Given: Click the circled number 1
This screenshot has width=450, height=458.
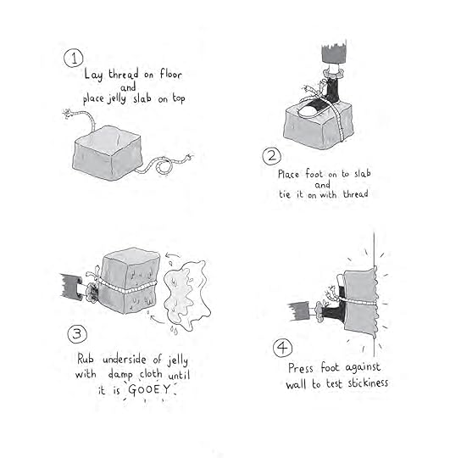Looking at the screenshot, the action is tap(74, 58).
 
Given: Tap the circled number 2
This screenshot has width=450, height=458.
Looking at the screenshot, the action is tap(271, 156).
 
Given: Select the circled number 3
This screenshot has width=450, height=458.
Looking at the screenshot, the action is tap(77, 334).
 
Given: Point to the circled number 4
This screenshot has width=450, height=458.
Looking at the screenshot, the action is tap(282, 348).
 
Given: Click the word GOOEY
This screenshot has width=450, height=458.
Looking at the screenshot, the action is tap(149, 389).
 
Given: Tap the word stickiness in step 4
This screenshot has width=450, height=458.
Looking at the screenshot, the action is tap(368, 383).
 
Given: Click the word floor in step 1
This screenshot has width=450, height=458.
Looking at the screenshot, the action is tap(170, 74).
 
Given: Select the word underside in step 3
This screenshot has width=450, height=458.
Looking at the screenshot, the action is tap(125, 360).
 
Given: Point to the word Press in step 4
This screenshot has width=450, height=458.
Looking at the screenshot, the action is tap(301, 368).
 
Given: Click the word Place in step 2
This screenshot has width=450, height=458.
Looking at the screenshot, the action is tap(288, 175).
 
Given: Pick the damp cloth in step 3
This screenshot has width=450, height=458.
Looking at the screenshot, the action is tap(186, 295).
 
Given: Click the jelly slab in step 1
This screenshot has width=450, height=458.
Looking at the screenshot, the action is tap(108, 153).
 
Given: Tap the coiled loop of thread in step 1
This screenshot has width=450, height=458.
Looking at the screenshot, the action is tap(163, 166).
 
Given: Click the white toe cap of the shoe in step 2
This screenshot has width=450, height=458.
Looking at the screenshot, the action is tap(308, 110).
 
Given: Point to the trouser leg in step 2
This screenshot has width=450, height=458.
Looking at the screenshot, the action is tap(334, 53).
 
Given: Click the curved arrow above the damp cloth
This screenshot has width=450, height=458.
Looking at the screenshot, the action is tap(172, 255).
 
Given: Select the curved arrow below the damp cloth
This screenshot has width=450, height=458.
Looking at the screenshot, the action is tap(157, 320).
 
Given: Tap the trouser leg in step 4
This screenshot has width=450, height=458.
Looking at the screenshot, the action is tap(299, 311).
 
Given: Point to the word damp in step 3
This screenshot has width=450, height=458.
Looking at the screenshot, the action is tap(120, 375).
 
